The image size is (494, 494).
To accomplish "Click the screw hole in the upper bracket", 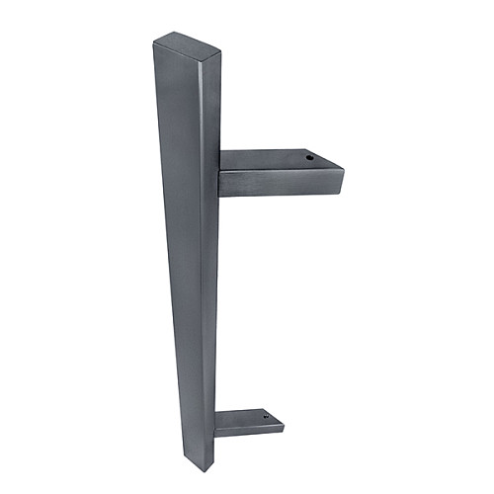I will tap(307, 156).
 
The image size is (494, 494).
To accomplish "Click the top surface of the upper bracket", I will tap(277, 161).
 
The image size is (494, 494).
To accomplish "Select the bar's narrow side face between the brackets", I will tap(209, 296).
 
